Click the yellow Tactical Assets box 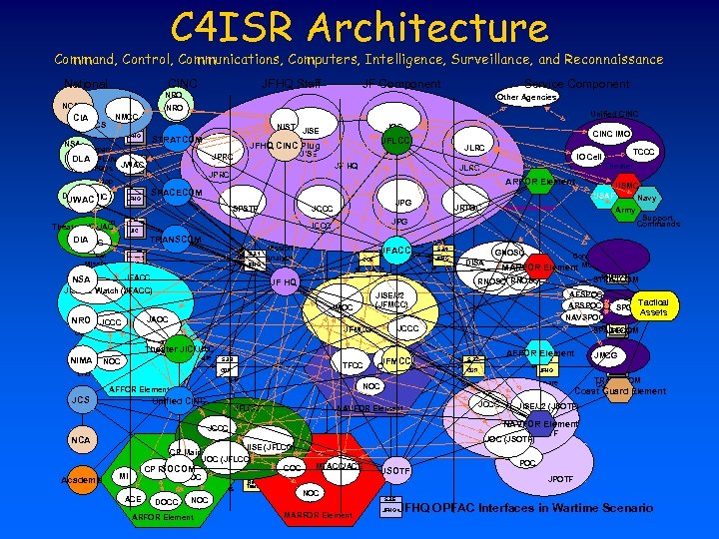coord(653,307)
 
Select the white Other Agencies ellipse coord(526,97)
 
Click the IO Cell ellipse coord(588,158)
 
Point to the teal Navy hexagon coord(646,198)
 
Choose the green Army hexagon coord(625,211)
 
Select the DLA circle coord(82,159)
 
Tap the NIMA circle coord(81,360)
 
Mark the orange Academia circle coord(81,480)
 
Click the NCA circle coord(81,440)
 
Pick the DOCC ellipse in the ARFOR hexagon coord(167,501)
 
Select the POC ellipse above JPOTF coord(528,463)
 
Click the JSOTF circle coord(395,471)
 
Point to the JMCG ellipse coord(605,354)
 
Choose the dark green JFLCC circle coord(396,141)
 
